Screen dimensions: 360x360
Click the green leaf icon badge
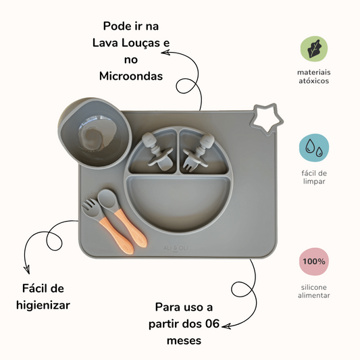pyautogui.click(x=313, y=49)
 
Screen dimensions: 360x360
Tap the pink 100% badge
pyautogui.click(x=313, y=262)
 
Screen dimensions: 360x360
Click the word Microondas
pyautogui.click(x=131, y=76)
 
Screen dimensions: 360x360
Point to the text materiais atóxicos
pyautogui.click(x=314, y=76)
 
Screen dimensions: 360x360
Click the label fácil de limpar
pyautogui.click(x=313, y=177)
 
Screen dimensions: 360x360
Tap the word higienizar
pyautogui.click(x=43, y=305)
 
